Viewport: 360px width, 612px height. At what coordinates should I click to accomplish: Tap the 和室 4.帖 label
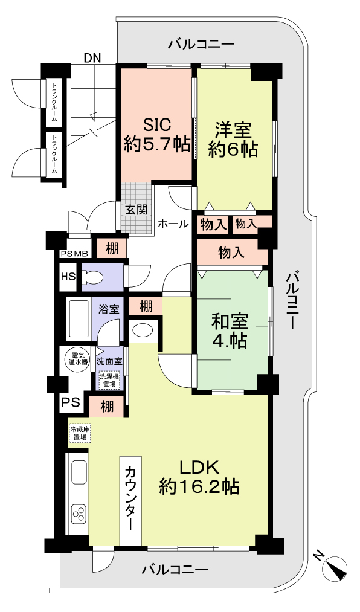pyautogui.click(x=229, y=331)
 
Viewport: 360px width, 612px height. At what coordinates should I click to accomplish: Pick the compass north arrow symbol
pyautogui.click(x=334, y=567)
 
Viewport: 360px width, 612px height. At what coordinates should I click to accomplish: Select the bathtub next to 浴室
pyautogui.click(x=77, y=318)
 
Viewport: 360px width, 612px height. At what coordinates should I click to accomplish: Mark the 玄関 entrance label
pyautogui.click(x=136, y=210)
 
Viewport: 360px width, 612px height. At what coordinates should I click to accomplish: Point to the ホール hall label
pyautogui.click(x=173, y=223)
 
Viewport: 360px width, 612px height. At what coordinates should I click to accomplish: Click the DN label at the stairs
pyautogui.click(x=92, y=58)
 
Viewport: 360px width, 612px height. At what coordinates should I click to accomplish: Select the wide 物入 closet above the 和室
pyautogui.click(x=231, y=253)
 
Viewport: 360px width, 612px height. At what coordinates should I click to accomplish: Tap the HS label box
pyautogui.click(x=68, y=277)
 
